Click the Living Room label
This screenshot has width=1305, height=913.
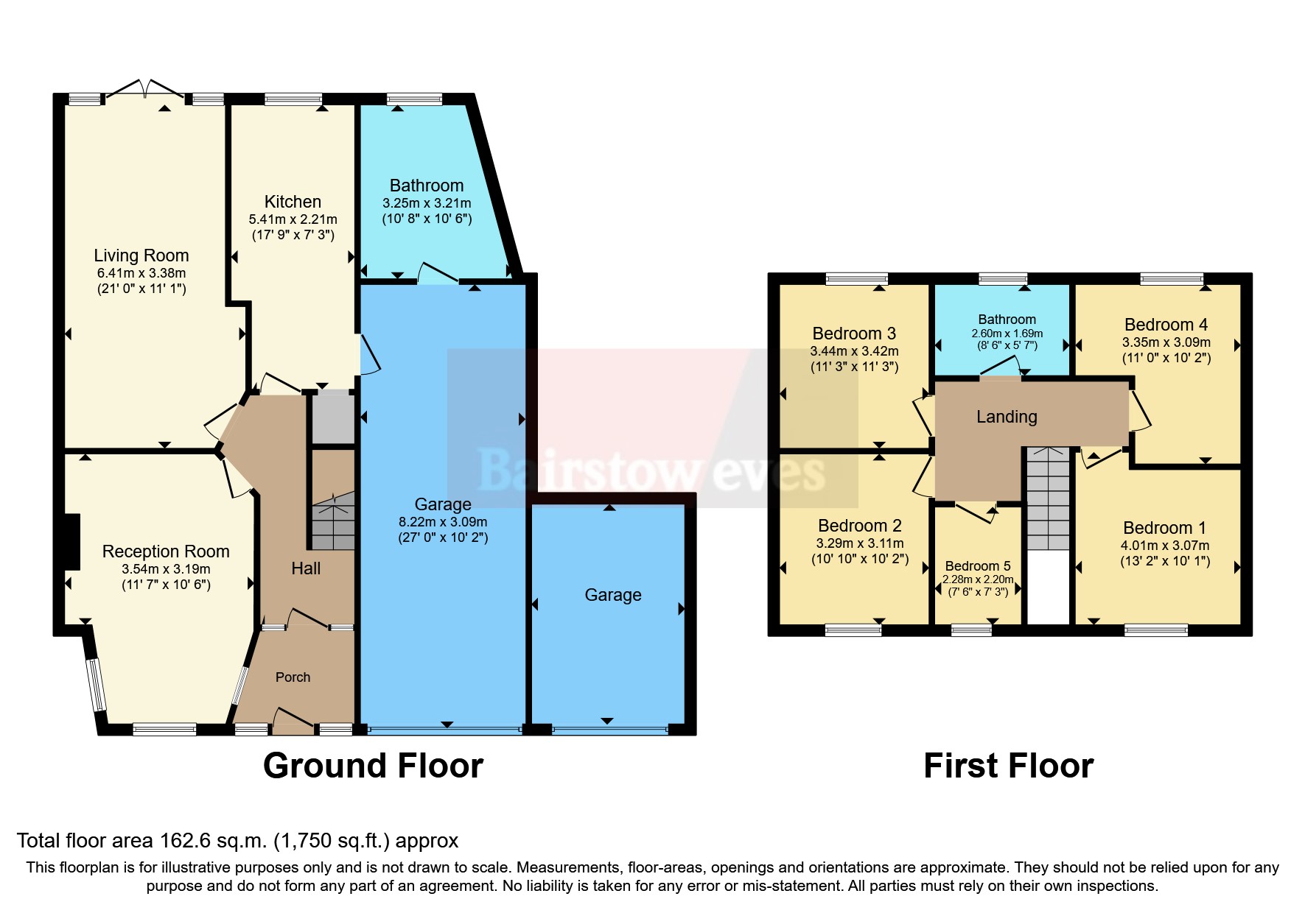141,255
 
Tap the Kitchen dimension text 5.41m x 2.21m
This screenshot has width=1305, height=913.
293,219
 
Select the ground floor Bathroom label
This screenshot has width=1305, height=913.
427,186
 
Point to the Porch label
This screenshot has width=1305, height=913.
293,677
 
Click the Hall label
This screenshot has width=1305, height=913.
306,568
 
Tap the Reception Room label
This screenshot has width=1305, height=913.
166,551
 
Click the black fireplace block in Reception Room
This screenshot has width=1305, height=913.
71,541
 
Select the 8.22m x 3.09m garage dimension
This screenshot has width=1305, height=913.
442,521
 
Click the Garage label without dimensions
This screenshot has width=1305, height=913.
613,595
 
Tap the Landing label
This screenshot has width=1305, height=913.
1007,417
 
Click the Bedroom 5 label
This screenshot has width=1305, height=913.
978,566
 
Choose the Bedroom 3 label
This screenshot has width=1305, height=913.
854,334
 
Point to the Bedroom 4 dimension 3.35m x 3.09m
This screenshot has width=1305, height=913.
1166,342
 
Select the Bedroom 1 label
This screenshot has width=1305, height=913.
1164,528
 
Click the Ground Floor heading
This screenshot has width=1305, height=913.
373,766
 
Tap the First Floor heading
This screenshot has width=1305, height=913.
1008,766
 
